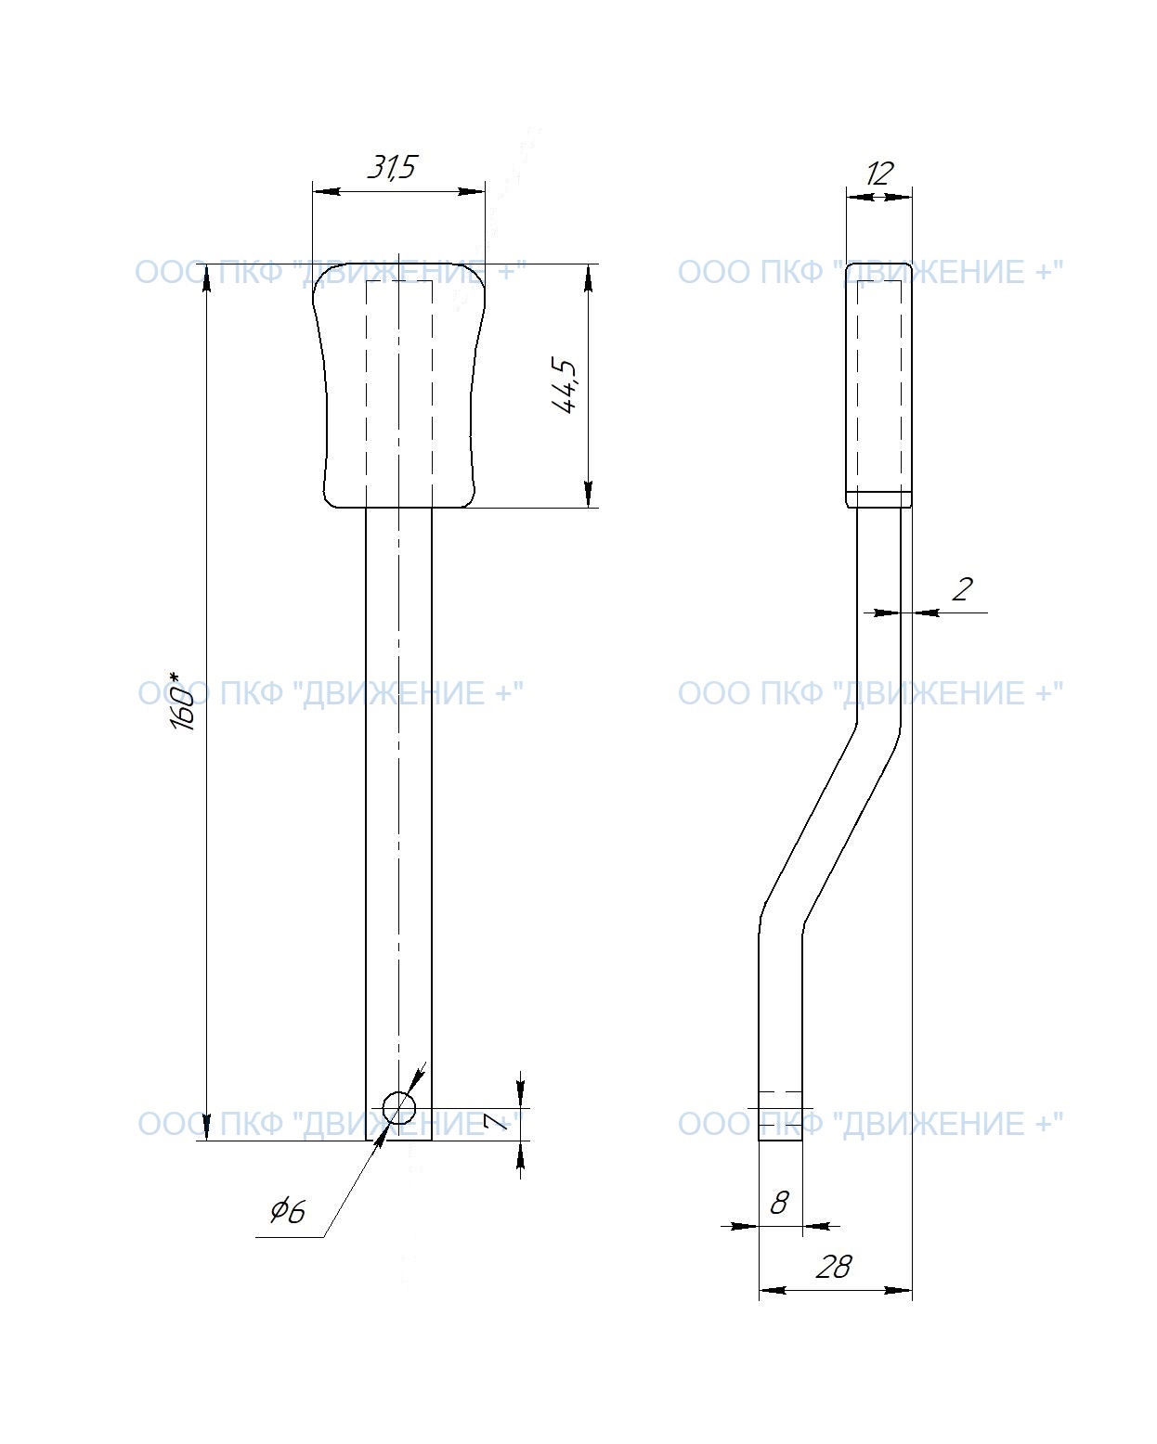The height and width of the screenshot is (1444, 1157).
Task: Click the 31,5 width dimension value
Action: pyautogui.click(x=392, y=167)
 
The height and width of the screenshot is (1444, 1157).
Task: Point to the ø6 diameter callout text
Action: pyautogui.click(x=288, y=1210)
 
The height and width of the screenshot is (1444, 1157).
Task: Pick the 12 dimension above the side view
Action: pyautogui.click(x=878, y=174)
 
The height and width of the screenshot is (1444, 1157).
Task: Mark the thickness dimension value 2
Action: pyautogui.click(x=962, y=589)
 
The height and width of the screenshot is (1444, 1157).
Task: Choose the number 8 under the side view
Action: pyautogui.click(x=779, y=1203)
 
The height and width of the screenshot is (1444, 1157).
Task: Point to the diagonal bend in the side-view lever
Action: pyautogui.click(x=830, y=822)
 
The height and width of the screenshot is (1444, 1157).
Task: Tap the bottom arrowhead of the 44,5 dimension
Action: pyautogui.click(x=588, y=495)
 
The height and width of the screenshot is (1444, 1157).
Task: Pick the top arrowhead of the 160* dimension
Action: pyautogui.click(x=207, y=277)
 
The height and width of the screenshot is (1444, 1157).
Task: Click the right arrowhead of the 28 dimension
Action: pyautogui.click(x=899, y=1290)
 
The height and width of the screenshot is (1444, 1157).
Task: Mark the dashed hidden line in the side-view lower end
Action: pyautogui.click(x=780, y=1092)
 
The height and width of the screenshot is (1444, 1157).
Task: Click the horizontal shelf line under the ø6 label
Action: pyautogui.click(x=290, y=1237)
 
